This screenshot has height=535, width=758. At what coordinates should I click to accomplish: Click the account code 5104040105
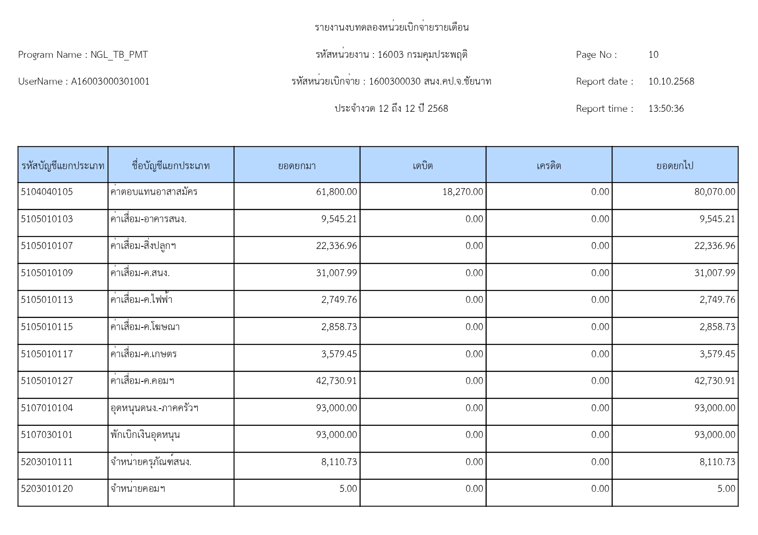47,192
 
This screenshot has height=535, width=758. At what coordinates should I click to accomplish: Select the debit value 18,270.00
463,192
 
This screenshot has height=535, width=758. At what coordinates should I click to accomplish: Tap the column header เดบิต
422,166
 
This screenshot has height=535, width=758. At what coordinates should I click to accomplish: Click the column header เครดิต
549,166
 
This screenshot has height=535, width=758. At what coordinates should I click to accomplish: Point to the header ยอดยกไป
675,166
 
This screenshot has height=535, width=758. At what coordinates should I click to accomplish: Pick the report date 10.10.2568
671,82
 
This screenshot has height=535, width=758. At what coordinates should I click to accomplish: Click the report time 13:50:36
666,109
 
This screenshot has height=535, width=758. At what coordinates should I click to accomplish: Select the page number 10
653,55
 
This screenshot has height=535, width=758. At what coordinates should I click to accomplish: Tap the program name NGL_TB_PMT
119,55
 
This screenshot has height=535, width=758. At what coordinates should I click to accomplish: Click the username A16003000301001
110,82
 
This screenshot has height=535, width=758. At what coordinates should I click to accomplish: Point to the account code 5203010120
47,489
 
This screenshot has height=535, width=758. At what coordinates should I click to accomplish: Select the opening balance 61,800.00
336,192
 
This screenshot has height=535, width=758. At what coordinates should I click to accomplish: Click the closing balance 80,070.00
714,192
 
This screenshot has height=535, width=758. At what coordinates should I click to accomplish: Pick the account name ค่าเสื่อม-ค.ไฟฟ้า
142,300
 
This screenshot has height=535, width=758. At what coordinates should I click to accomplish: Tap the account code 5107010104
47,408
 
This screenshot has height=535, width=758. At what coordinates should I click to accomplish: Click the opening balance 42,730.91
336,381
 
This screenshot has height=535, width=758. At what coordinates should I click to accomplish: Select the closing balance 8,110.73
717,462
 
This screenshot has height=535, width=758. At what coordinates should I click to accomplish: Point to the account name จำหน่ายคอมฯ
138,489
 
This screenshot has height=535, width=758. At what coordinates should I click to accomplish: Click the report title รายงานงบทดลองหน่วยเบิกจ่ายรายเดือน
391,28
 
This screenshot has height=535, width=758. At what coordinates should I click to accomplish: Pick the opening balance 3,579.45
339,354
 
